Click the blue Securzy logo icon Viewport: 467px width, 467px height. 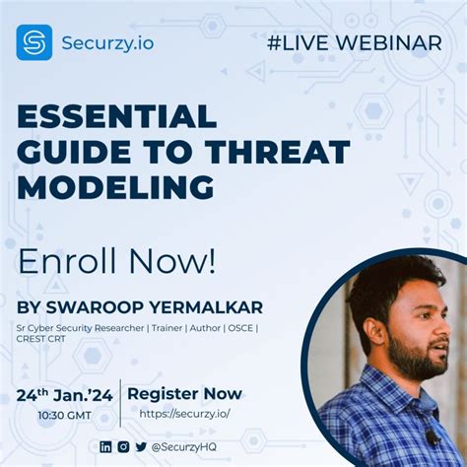(x=33, y=42)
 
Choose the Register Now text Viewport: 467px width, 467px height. (x=184, y=394)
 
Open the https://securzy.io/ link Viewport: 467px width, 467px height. (x=184, y=414)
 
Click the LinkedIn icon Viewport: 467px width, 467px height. (x=106, y=446)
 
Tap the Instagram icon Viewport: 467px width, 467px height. (x=123, y=446)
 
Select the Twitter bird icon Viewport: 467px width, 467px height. (x=141, y=446)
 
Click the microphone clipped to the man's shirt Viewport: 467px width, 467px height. (x=432, y=436)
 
